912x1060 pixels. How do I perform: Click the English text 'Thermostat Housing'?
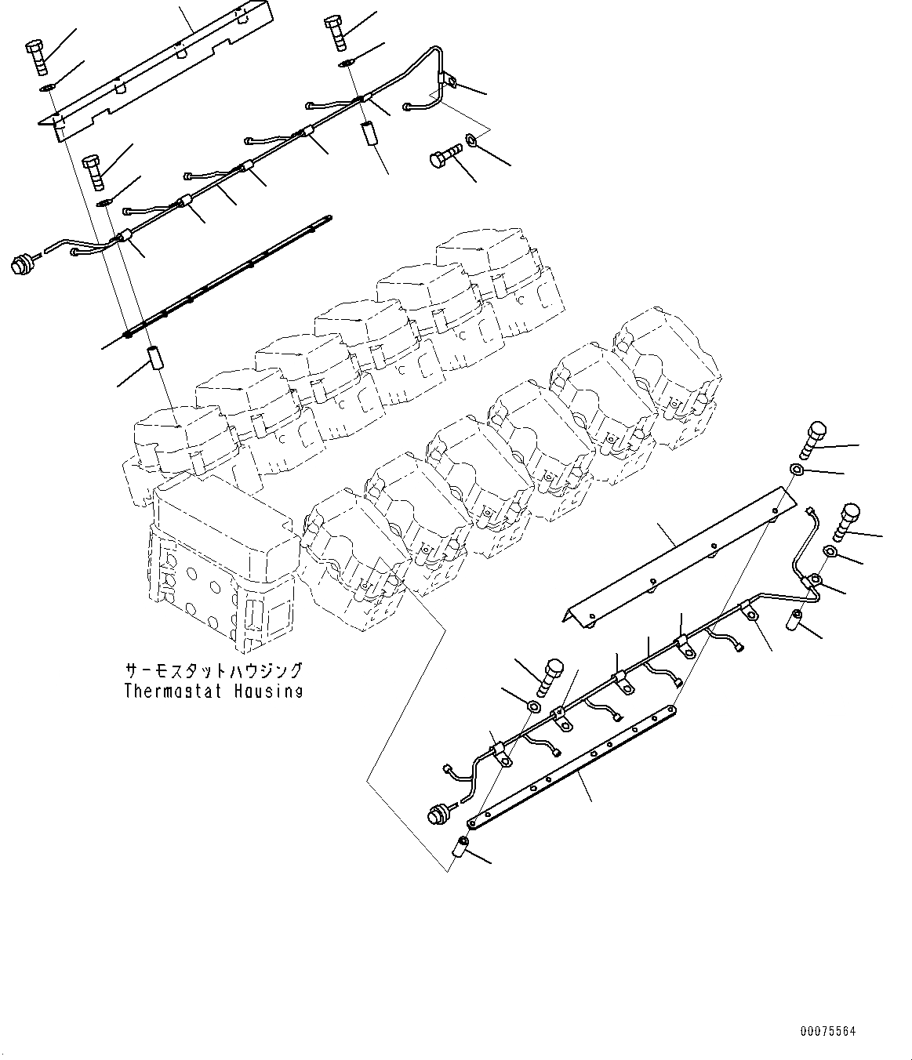(x=213, y=692)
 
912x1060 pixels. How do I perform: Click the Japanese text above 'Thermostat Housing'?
(x=213, y=672)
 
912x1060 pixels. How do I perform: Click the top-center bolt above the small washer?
(x=334, y=33)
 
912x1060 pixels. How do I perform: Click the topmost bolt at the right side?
(x=812, y=440)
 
